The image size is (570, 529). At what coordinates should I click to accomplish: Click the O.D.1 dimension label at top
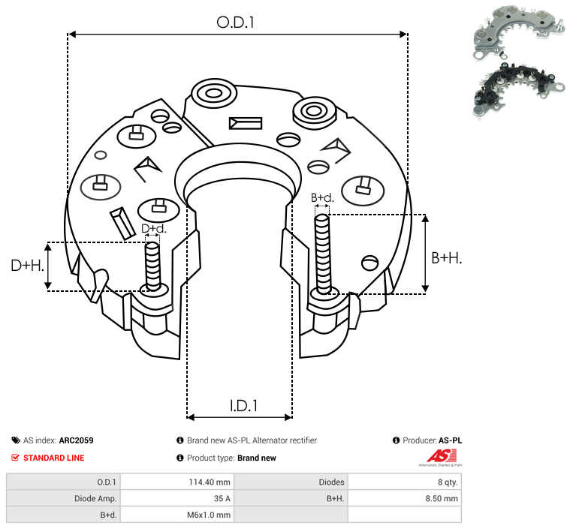pos(235,23)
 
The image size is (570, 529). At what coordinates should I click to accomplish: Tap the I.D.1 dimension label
pos(243,406)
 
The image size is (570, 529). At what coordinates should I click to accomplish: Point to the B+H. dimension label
pos(447,258)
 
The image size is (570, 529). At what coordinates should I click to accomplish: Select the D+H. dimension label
pos(27,266)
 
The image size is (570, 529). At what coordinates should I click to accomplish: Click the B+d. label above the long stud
pos(322,197)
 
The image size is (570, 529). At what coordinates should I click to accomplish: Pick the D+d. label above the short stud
pos(154,229)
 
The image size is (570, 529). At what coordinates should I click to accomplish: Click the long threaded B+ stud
pos(323,254)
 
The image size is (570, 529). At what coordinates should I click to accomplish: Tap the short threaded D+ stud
pos(152,266)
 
